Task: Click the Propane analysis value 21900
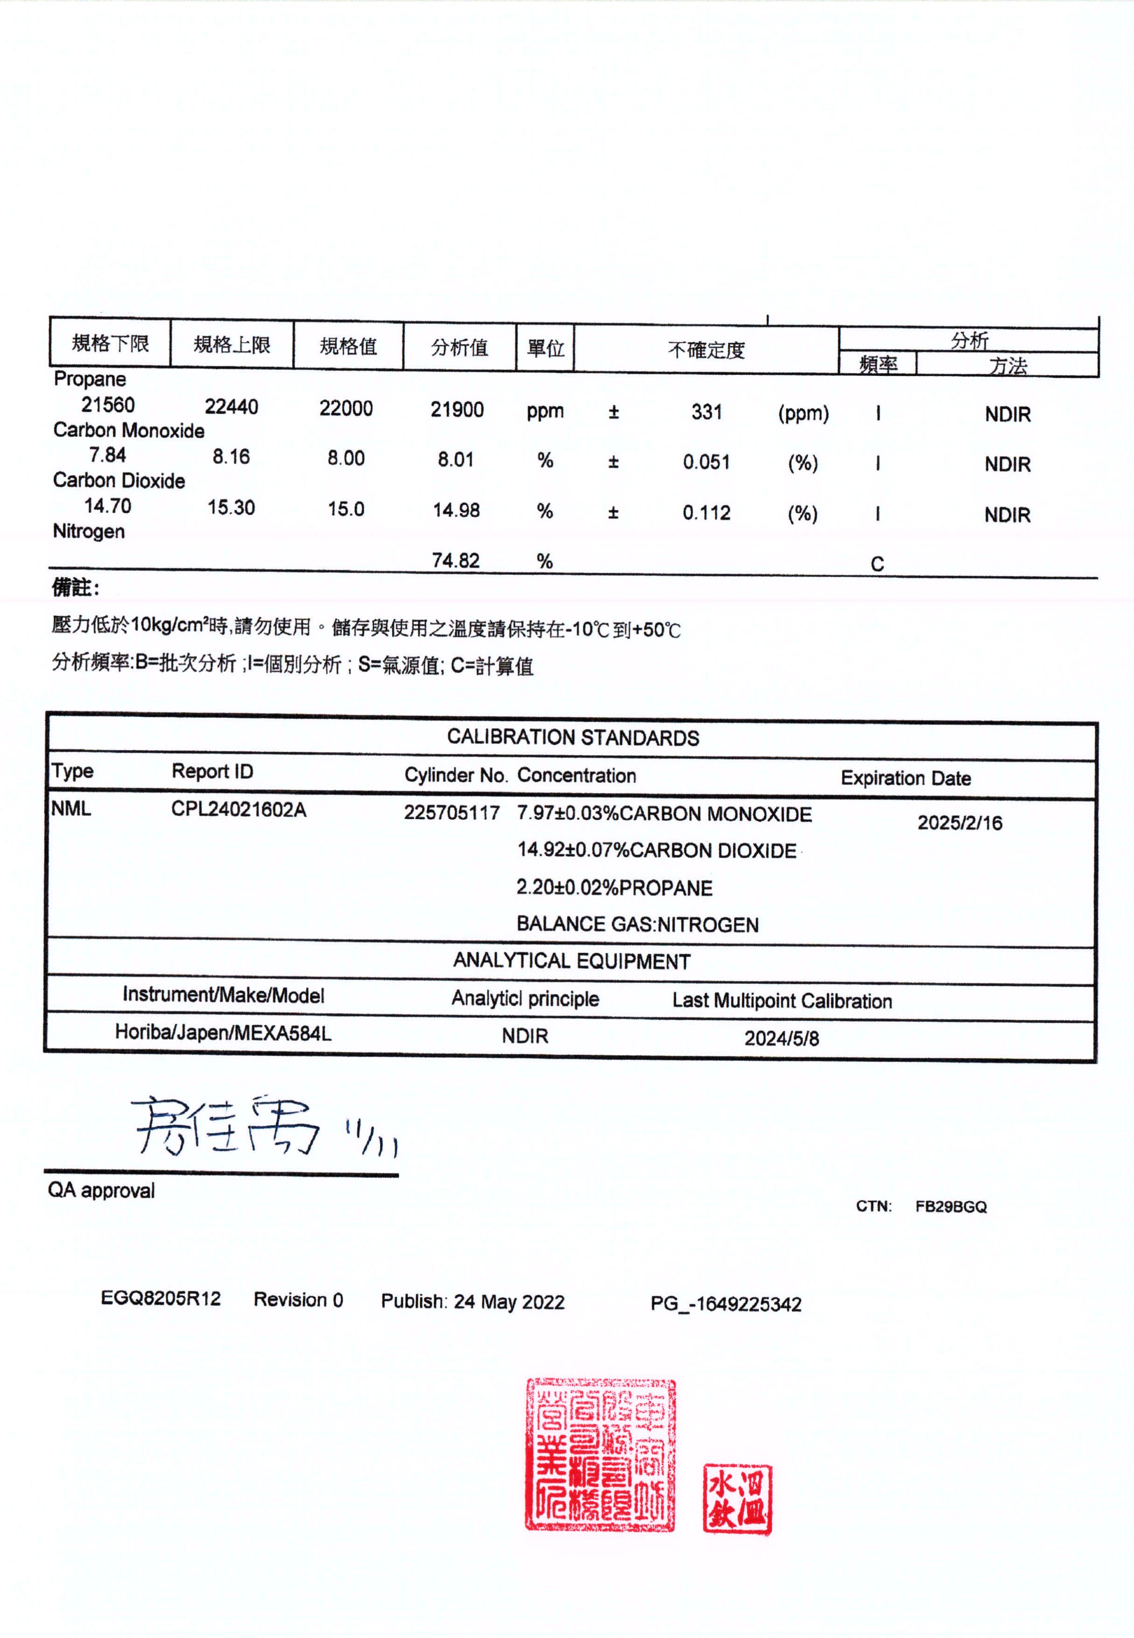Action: tap(457, 409)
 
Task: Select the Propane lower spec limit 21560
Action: tap(108, 405)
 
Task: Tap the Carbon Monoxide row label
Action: tap(128, 431)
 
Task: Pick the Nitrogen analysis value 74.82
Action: tap(456, 561)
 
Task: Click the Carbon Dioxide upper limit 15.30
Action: tap(231, 508)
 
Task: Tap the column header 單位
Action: tap(545, 348)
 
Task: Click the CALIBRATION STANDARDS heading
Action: tap(573, 738)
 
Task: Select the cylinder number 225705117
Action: tap(452, 812)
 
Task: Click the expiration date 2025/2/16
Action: tap(959, 823)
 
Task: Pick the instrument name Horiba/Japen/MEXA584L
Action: tap(223, 1032)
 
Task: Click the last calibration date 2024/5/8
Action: tap(782, 1038)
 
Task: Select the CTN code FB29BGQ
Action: tap(951, 1207)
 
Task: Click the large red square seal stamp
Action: tap(600, 1454)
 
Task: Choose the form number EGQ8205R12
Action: tap(161, 1299)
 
